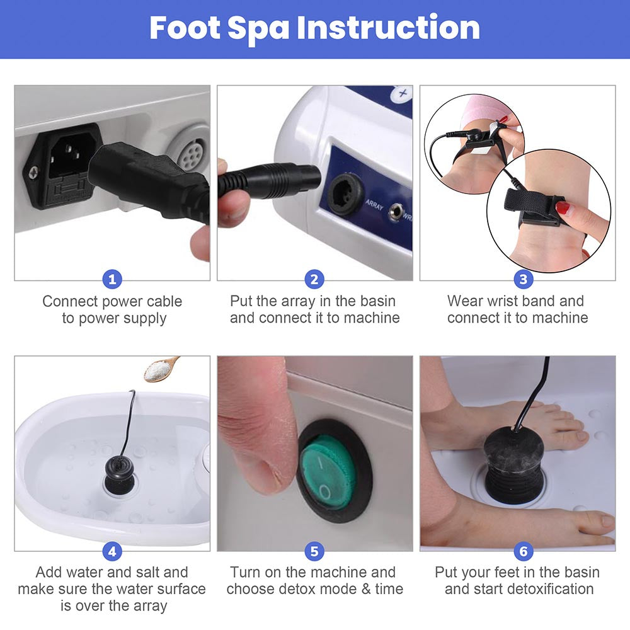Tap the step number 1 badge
(112, 279)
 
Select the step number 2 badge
(314, 279)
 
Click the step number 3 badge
(524, 279)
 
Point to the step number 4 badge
(112, 551)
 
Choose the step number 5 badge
(314, 551)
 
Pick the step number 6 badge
(524, 551)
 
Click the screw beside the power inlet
(33, 173)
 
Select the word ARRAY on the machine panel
(374, 205)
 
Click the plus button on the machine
(402, 94)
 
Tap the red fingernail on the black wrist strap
(563, 208)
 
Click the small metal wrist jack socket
(396, 211)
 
